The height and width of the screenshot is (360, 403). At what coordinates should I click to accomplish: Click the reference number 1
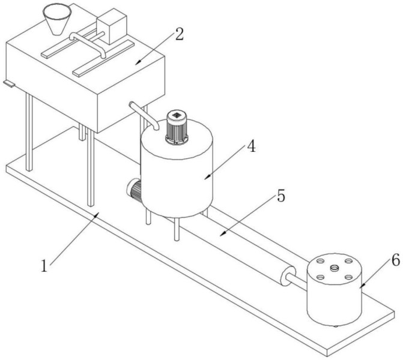tap(44, 266)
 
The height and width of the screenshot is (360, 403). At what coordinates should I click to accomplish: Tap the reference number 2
tap(180, 34)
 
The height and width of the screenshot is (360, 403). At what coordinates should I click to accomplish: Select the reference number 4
tap(251, 146)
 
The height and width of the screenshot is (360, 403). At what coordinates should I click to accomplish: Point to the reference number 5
tap(280, 196)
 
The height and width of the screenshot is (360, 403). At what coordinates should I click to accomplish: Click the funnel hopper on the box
tap(57, 20)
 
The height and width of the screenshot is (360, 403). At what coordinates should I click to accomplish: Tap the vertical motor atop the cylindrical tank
tap(177, 127)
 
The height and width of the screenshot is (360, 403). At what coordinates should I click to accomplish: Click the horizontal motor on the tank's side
tap(134, 190)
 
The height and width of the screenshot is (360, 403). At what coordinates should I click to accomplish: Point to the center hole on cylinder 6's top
tap(334, 268)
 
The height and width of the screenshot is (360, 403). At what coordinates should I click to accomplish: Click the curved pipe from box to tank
tap(144, 116)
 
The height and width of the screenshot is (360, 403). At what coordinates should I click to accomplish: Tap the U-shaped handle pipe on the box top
tap(87, 43)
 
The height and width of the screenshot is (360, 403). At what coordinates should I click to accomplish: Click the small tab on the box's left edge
tap(9, 83)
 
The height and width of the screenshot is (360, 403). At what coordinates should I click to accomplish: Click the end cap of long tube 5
tap(288, 276)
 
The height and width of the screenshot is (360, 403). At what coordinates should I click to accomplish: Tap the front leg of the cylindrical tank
tap(177, 229)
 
